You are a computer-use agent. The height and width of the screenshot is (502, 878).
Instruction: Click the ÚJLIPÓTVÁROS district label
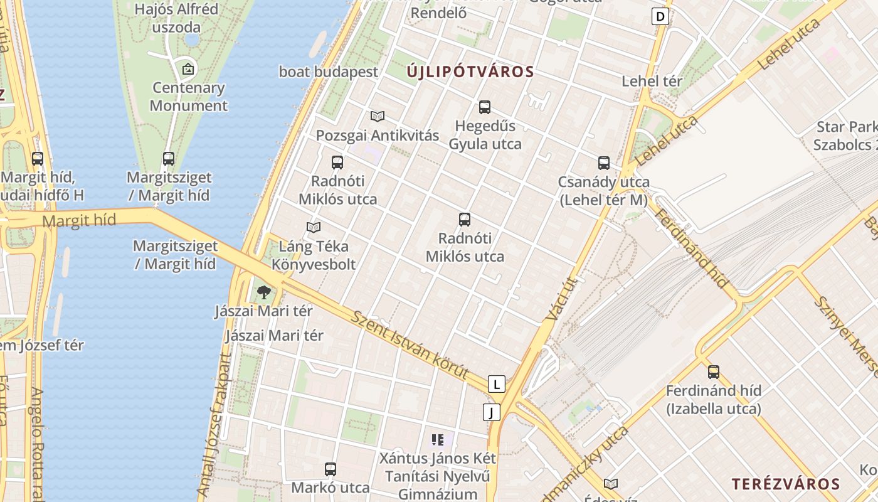pyautogui.click(x=470, y=72)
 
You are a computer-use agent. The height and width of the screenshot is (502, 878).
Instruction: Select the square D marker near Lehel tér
pyautogui.click(x=660, y=16)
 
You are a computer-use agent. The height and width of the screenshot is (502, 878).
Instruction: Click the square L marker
pyautogui.click(x=496, y=384)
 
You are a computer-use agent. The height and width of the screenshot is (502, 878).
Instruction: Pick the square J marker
pyautogui.click(x=492, y=412)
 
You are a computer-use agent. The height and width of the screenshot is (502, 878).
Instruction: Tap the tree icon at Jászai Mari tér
pyautogui.click(x=264, y=292)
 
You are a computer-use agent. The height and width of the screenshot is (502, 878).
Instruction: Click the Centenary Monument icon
pyautogui.click(x=188, y=69)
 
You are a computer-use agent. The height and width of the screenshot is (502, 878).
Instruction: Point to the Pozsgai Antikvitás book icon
pyautogui.click(x=377, y=116)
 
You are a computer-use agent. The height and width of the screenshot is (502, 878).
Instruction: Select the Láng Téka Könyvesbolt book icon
pyautogui.click(x=314, y=227)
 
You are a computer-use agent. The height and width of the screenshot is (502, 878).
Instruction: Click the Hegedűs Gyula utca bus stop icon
pyautogui.click(x=485, y=107)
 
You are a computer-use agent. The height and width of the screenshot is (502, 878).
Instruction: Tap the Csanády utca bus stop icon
pyautogui.click(x=604, y=163)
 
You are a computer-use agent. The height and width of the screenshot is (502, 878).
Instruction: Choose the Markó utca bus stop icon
pyautogui.click(x=331, y=469)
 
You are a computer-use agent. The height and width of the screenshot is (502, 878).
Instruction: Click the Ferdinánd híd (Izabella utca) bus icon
pyautogui.click(x=714, y=371)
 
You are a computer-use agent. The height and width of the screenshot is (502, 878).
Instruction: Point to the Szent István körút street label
pyautogui.click(x=410, y=345)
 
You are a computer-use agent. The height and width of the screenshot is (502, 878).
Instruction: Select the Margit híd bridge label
pyautogui.click(x=80, y=220)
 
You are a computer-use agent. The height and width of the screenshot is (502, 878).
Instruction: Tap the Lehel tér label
pyautogui.click(x=652, y=81)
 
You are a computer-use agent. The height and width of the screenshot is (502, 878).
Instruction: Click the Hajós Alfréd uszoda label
pyautogui.click(x=167, y=18)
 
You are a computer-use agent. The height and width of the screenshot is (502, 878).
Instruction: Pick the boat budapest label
pyautogui.click(x=329, y=72)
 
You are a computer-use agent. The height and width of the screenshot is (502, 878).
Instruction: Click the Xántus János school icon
pyautogui.click(x=438, y=440)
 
